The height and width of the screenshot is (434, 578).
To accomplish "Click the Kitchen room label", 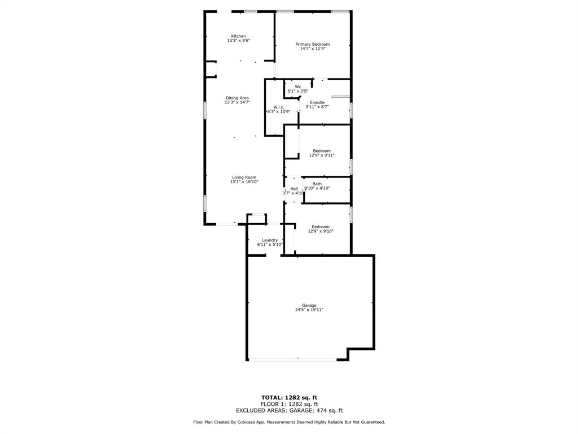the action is point(239,36).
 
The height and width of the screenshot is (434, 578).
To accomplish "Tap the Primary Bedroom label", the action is point(313,44).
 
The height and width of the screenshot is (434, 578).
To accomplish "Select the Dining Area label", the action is point(238,98).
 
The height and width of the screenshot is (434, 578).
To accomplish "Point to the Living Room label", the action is point(244,177).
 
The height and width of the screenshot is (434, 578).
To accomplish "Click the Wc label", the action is point(298,86).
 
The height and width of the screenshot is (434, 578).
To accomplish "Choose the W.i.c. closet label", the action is point(279,107).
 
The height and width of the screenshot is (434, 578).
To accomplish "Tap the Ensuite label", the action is point(317,102).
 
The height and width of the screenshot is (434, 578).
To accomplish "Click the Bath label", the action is point(317,184).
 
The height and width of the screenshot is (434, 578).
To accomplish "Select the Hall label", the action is point(294,189).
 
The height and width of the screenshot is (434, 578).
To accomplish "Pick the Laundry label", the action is point(270,240).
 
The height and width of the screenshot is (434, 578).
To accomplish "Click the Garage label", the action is point(309,305).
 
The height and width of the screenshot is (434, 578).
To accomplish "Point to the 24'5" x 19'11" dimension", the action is point(309,310).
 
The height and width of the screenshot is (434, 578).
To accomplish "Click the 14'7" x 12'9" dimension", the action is point(313,49).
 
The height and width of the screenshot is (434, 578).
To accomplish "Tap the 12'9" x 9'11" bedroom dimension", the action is point(322,155).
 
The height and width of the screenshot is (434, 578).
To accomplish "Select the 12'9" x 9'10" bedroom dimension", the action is point(321,231).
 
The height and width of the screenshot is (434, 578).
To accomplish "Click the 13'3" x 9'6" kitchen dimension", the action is point(239,41).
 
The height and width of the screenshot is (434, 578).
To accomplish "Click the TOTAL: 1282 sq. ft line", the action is point(290,397).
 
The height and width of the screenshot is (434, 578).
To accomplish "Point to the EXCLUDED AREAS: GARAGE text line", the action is point(290,410).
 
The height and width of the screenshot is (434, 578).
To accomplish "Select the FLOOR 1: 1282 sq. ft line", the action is point(290,404).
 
